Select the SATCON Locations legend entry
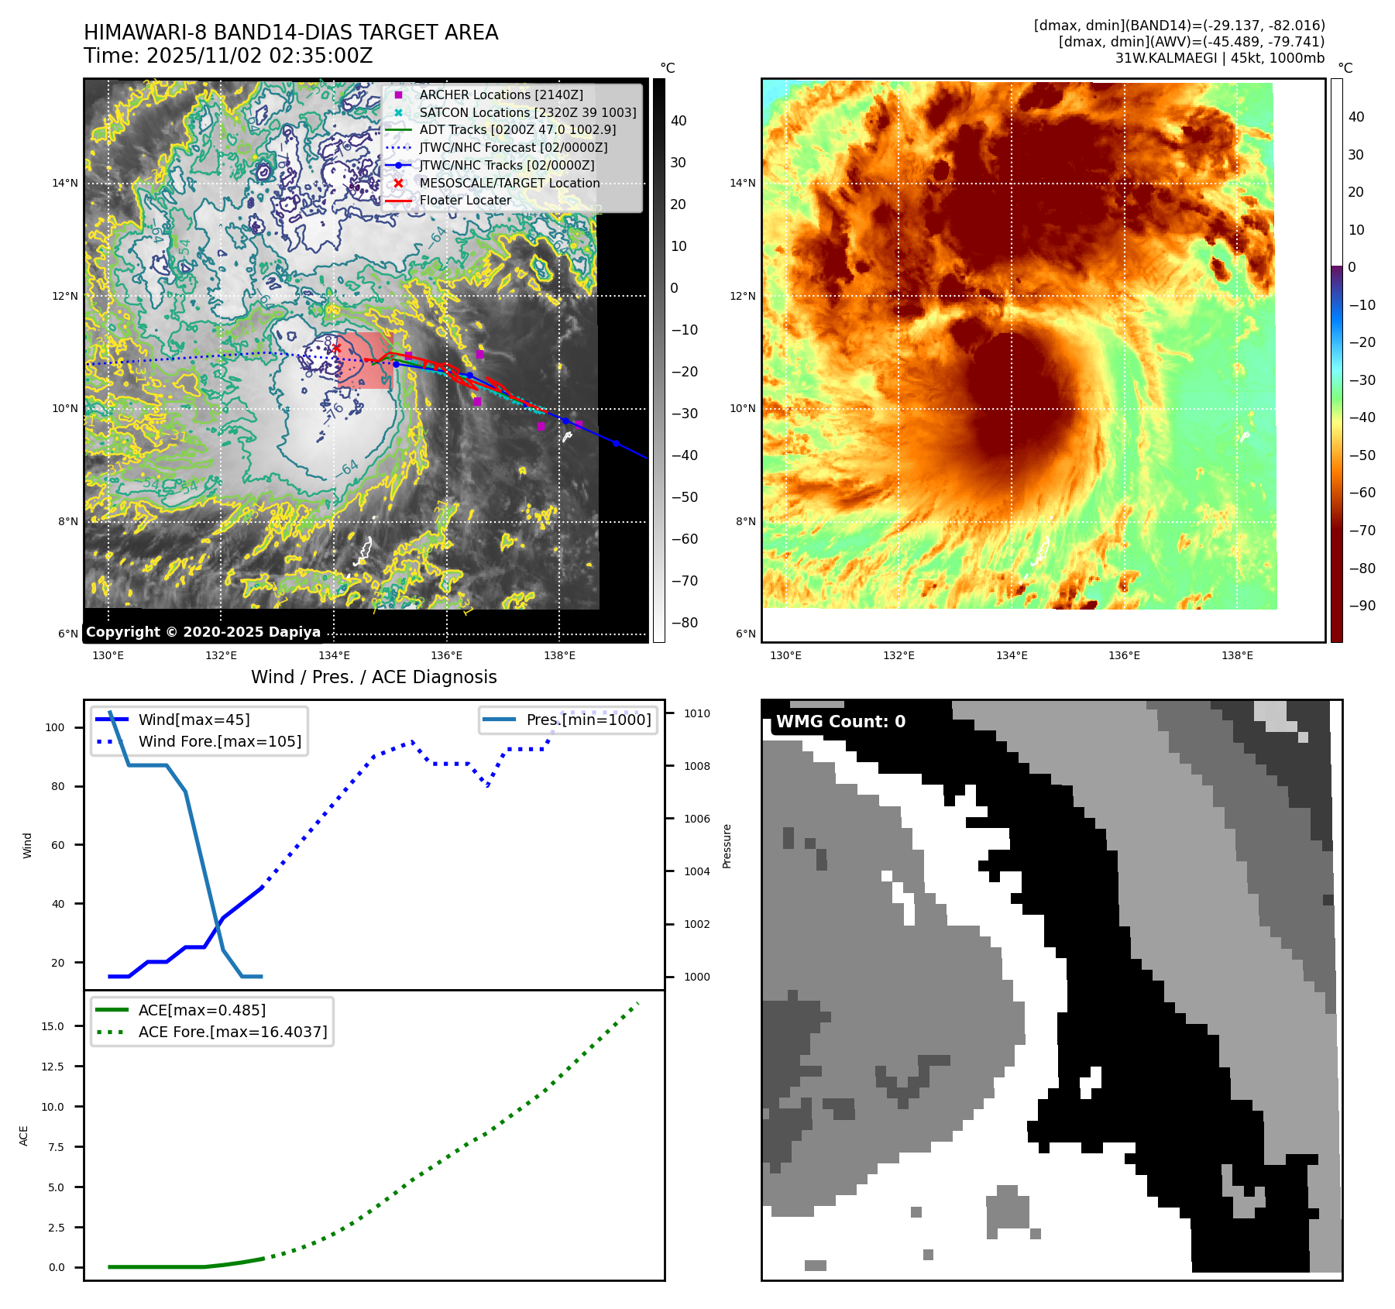[527, 112]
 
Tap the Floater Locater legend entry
[465, 200]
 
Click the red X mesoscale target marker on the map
[336, 349]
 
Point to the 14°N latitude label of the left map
[65, 184]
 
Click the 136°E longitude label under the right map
[1124, 655]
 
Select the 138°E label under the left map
[559, 655]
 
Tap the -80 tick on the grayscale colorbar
[684, 623]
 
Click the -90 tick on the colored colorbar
[1362, 606]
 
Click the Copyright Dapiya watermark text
[203, 632]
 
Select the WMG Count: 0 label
[840, 722]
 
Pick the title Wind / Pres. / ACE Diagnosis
[373, 677]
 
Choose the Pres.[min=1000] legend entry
[588, 720]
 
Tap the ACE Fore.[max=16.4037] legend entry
[232, 1032]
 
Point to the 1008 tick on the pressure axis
[696, 766]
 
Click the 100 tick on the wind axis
[55, 727]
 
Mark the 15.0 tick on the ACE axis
[53, 1026]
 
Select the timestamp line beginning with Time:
[228, 56]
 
